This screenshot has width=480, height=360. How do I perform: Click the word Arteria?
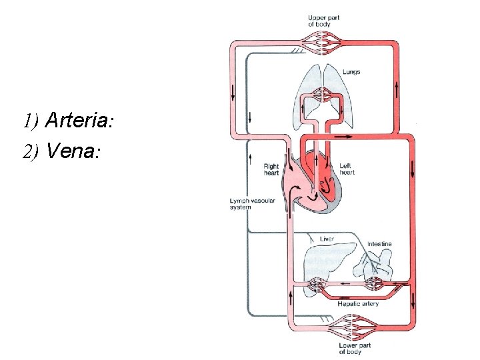[x=78, y=121]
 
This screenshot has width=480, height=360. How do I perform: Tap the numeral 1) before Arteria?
[x=31, y=121]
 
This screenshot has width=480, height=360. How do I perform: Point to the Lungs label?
[x=351, y=72]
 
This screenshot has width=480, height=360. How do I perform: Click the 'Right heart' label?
[x=271, y=170]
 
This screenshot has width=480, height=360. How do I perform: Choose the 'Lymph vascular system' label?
[x=248, y=204]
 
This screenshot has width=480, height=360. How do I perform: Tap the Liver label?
[x=327, y=239]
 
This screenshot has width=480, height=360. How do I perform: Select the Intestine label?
[x=379, y=244]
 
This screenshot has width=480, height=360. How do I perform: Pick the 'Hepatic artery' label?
[x=358, y=304]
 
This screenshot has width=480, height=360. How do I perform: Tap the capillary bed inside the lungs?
[x=323, y=93]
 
